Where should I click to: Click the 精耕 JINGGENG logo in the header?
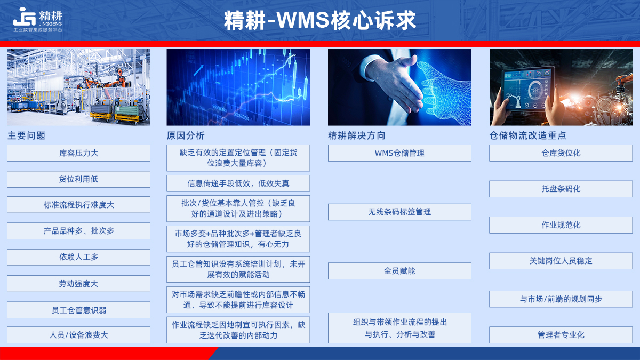click(38, 19)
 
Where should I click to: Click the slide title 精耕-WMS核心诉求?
click(319, 20)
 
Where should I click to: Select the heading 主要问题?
click(27, 135)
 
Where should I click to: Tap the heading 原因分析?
click(186, 135)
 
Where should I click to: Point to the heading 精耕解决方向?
click(357, 135)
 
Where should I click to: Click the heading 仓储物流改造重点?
click(527, 135)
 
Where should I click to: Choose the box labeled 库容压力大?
click(78, 153)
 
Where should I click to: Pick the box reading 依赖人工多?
click(78, 257)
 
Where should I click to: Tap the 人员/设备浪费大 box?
click(78, 335)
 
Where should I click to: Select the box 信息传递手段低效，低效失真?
click(238, 183)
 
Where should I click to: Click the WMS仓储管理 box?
click(399, 153)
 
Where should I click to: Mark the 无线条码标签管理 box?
click(399, 212)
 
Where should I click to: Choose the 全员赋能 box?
click(399, 271)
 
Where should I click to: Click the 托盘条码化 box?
click(561, 189)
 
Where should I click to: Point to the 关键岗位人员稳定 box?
click(561, 261)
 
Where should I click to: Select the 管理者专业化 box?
click(561, 335)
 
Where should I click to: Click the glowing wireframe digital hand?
click(443, 91)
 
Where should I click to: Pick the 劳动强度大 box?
click(78, 284)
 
